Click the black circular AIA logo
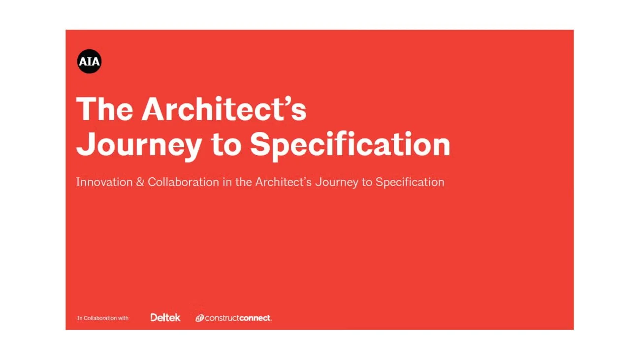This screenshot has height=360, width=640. pyautogui.click(x=89, y=62)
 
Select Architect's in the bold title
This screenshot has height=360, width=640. pyautogui.click(x=224, y=109)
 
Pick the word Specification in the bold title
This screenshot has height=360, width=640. pyautogui.click(x=350, y=145)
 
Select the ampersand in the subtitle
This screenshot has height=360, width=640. pyautogui.click(x=140, y=182)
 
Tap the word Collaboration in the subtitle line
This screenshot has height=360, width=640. pyautogui.click(x=183, y=182)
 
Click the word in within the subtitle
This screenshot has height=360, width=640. pyautogui.click(x=226, y=182)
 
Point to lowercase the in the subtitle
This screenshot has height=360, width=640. pyautogui.click(x=244, y=182)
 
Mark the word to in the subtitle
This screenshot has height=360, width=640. pyautogui.click(x=367, y=182)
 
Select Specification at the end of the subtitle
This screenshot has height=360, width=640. pyautogui.click(x=410, y=182)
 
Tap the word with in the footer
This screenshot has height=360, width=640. pyautogui.click(x=123, y=318)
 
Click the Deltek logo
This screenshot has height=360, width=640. pyautogui.click(x=165, y=318)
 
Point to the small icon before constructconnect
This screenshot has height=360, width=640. pyautogui.click(x=199, y=318)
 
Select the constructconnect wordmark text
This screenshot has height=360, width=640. pyautogui.click(x=238, y=318)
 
